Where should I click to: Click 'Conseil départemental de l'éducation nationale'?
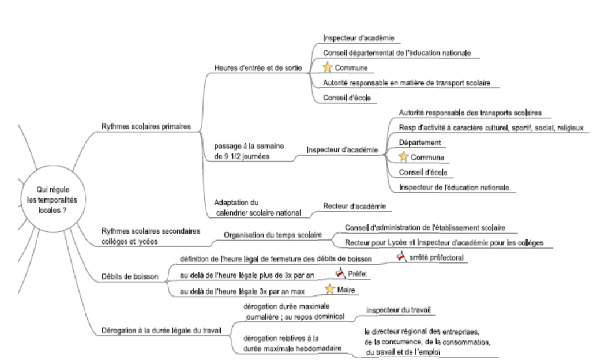tap(397, 52)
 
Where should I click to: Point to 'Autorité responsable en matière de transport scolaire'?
tap(407, 82)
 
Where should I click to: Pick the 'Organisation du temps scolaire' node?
tap(273, 235)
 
